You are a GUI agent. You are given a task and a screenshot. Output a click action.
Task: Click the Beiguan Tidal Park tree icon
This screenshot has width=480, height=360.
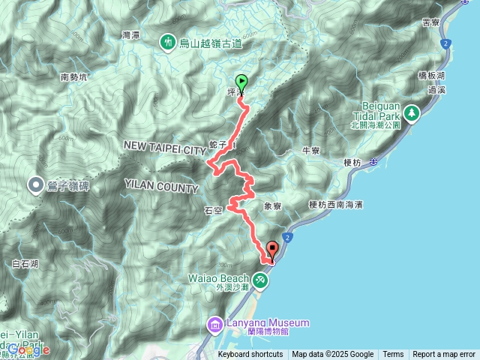pyautogui.click(x=411, y=113)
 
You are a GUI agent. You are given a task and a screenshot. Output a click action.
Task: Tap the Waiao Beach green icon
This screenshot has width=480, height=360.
pyautogui.click(x=260, y=280)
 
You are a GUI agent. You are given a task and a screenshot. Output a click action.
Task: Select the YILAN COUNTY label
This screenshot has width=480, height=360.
pyautogui.click(x=162, y=187)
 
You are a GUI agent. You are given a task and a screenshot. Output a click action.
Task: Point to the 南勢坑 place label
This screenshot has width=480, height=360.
pyautogui.click(x=74, y=76)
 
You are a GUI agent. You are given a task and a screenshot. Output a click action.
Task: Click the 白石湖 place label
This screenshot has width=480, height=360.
pyautogui.click(x=26, y=263)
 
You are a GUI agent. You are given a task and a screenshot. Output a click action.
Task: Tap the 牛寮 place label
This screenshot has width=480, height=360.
pyautogui.click(x=310, y=151)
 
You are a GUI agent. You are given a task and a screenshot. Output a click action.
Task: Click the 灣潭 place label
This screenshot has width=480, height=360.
pyautogui.click(x=131, y=35)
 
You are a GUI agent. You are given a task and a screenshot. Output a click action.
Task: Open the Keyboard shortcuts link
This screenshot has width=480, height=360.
pyautogui.click(x=250, y=355)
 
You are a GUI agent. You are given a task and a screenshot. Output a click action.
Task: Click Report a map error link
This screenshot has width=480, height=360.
pyautogui.click(x=445, y=355)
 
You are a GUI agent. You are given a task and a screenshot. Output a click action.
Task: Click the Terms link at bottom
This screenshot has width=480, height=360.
pyautogui.click(x=393, y=355)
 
